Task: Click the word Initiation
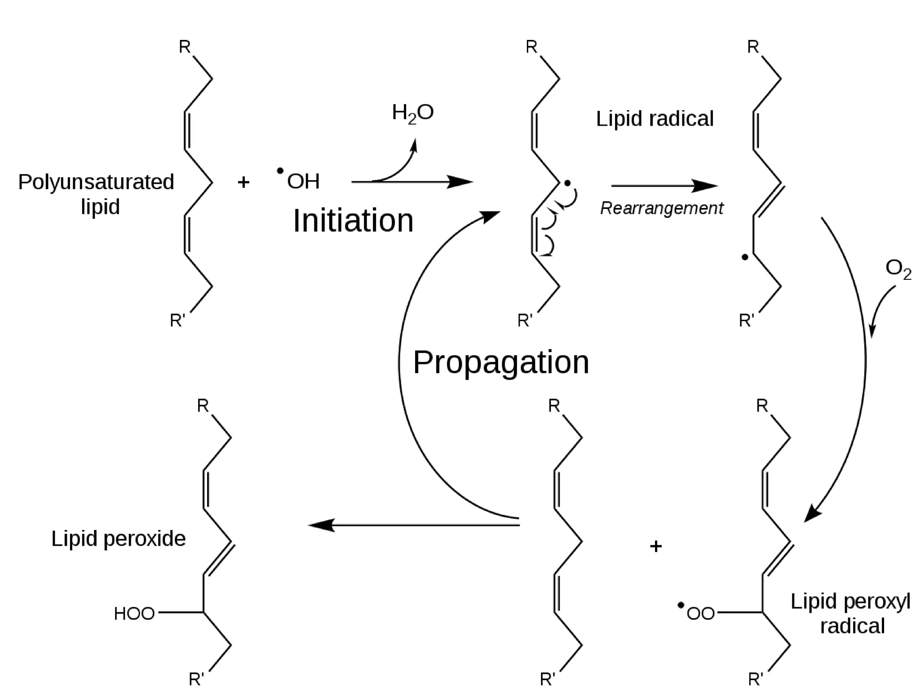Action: (353, 221)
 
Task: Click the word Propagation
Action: (500, 362)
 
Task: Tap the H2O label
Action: (412, 112)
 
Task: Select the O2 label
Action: (898, 270)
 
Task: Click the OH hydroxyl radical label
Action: (303, 181)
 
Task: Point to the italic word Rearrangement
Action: (661, 208)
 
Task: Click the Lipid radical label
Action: (655, 119)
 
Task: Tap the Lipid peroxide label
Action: (118, 539)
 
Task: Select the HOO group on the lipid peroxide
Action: (134, 614)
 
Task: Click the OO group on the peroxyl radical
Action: (700, 614)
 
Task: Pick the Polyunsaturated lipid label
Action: (96, 194)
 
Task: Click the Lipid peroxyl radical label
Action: (850, 613)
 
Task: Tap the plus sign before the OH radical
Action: (243, 182)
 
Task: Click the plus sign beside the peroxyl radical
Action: (656, 546)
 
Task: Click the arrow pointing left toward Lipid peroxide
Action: (413, 525)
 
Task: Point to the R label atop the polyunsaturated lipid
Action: (185, 47)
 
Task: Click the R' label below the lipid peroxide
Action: (196, 678)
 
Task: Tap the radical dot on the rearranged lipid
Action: (745, 257)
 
